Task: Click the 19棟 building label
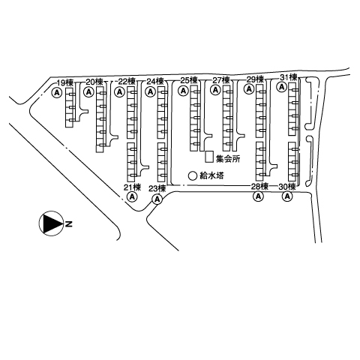click(x=65, y=82)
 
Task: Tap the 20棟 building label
click(x=94, y=82)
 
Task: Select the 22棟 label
click(x=127, y=81)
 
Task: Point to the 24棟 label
click(x=155, y=81)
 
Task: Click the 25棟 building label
click(x=189, y=80)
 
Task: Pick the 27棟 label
click(x=221, y=80)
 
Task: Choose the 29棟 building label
click(x=255, y=79)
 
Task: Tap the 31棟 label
click(x=289, y=77)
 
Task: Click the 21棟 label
click(x=133, y=187)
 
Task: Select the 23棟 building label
click(x=157, y=188)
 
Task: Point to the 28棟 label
click(x=260, y=187)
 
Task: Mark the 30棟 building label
click(x=287, y=187)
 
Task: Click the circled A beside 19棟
click(x=57, y=93)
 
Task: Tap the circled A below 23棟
click(x=157, y=199)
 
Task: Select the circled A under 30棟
click(x=287, y=196)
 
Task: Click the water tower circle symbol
click(x=193, y=175)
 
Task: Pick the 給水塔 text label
click(x=211, y=176)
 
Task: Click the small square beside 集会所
click(x=209, y=157)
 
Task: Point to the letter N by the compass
click(x=69, y=224)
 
